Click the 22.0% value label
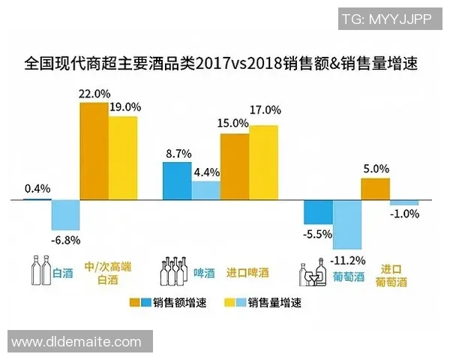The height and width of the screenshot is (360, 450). (x=94, y=94)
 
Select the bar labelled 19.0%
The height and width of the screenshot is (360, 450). (x=124, y=157)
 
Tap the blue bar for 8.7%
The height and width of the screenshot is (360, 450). (x=177, y=181)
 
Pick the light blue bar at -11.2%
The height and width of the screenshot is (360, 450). (x=347, y=224)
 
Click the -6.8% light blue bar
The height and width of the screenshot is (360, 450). (x=65, y=215)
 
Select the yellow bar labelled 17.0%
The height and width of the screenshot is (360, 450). (x=263, y=162)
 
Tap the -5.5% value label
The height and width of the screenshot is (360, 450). (x=317, y=234)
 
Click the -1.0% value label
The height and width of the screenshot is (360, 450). (x=404, y=214)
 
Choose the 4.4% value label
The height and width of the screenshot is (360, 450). (x=206, y=172)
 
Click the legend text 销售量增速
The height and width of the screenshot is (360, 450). (x=274, y=303)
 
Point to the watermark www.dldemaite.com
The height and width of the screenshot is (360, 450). (x=76, y=342)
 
